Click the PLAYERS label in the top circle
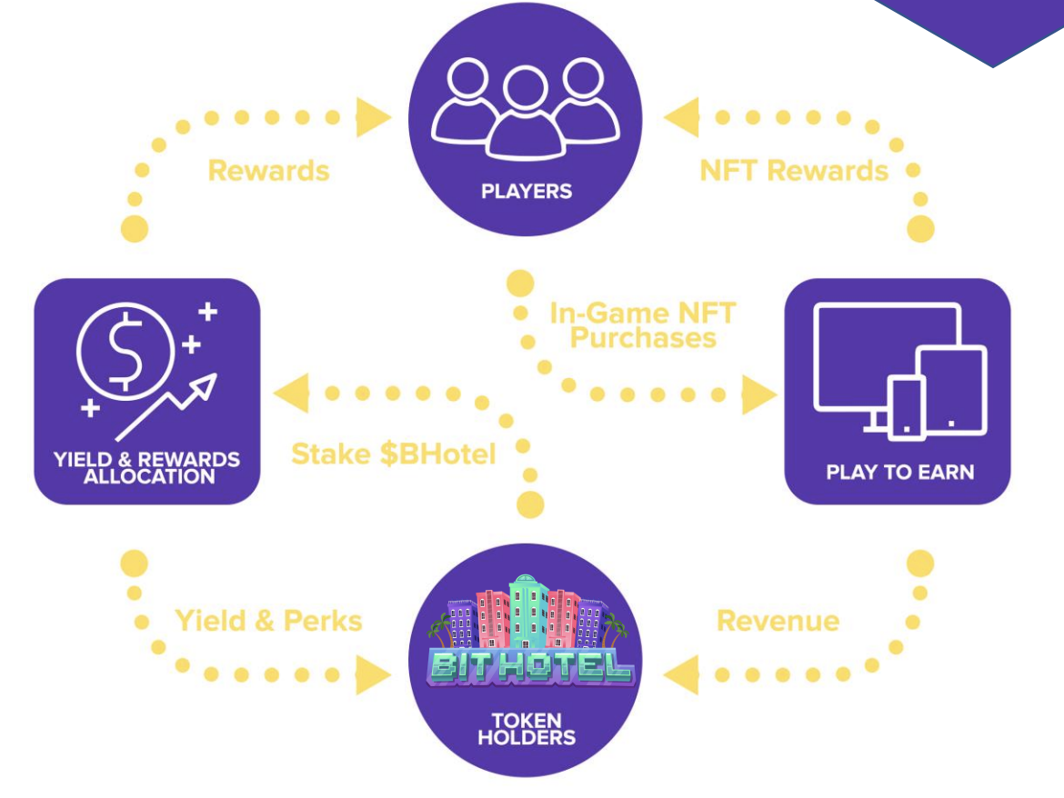[527, 192]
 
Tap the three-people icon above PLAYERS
[527, 108]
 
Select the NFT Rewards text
[793, 170]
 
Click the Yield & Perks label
[268, 621]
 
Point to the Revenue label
[778, 621]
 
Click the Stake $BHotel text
[393, 453]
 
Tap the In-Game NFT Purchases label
[642, 325]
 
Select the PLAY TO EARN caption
[899, 473]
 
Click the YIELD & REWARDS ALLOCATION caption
[146, 466]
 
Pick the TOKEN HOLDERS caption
[527, 729]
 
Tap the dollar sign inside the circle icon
[125, 346]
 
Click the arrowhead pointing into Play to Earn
[758, 395]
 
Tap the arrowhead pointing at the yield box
[293, 394]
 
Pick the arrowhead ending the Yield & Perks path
[372, 675]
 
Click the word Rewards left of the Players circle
[268, 170]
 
